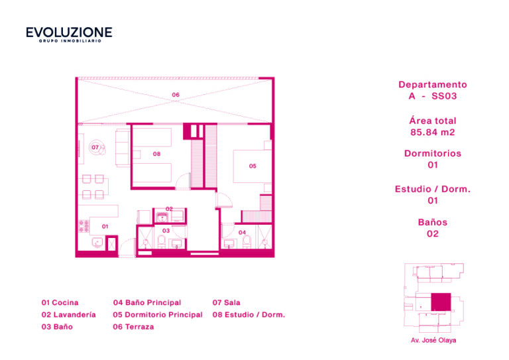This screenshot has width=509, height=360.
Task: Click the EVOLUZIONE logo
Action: pyautogui.click(x=69, y=34)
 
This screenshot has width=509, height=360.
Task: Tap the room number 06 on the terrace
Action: pyautogui.click(x=176, y=95)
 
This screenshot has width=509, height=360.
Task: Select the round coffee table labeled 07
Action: pyautogui.click(x=97, y=148)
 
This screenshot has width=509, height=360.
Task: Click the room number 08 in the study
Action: pyautogui.click(x=157, y=154)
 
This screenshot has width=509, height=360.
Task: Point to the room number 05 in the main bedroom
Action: pyautogui.click(x=253, y=166)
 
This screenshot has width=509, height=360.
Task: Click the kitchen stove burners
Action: pyautogui.click(x=84, y=226)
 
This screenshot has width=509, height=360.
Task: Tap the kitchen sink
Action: pyautogui.click(x=97, y=243)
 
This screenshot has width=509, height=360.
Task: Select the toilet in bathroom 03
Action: pyautogui.click(x=161, y=241)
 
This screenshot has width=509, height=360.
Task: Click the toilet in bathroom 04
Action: pyautogui.click(x=247, y=242)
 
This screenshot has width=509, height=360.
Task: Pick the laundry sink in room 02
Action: pyautogui.click(x=161, y=216)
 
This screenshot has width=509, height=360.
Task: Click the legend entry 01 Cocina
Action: pyautogui.click(x=60, y=302)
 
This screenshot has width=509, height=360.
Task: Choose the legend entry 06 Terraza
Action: pyautogui.click(x=133, y=327)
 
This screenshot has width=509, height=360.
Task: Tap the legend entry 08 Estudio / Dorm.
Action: pyautogui.click(x=249, y=314)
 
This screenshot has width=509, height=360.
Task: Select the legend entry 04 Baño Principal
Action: pyautogui.click(x=147, y=302)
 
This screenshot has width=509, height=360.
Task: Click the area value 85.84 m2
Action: pyautogui.click(x=433, y=132)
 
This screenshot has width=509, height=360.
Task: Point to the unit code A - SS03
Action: pyautogui.click(x=433, y=96)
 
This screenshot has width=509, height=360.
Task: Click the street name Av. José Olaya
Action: pyautogui.click(x=433, y=340)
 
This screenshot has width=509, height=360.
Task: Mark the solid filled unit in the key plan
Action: pyautogui.click(x=441, y=302)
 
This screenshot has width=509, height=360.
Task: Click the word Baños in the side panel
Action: pyautogui.click(x=433, y=222)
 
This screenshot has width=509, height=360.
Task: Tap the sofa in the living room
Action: pyautogui.click(x=123, y=148)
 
